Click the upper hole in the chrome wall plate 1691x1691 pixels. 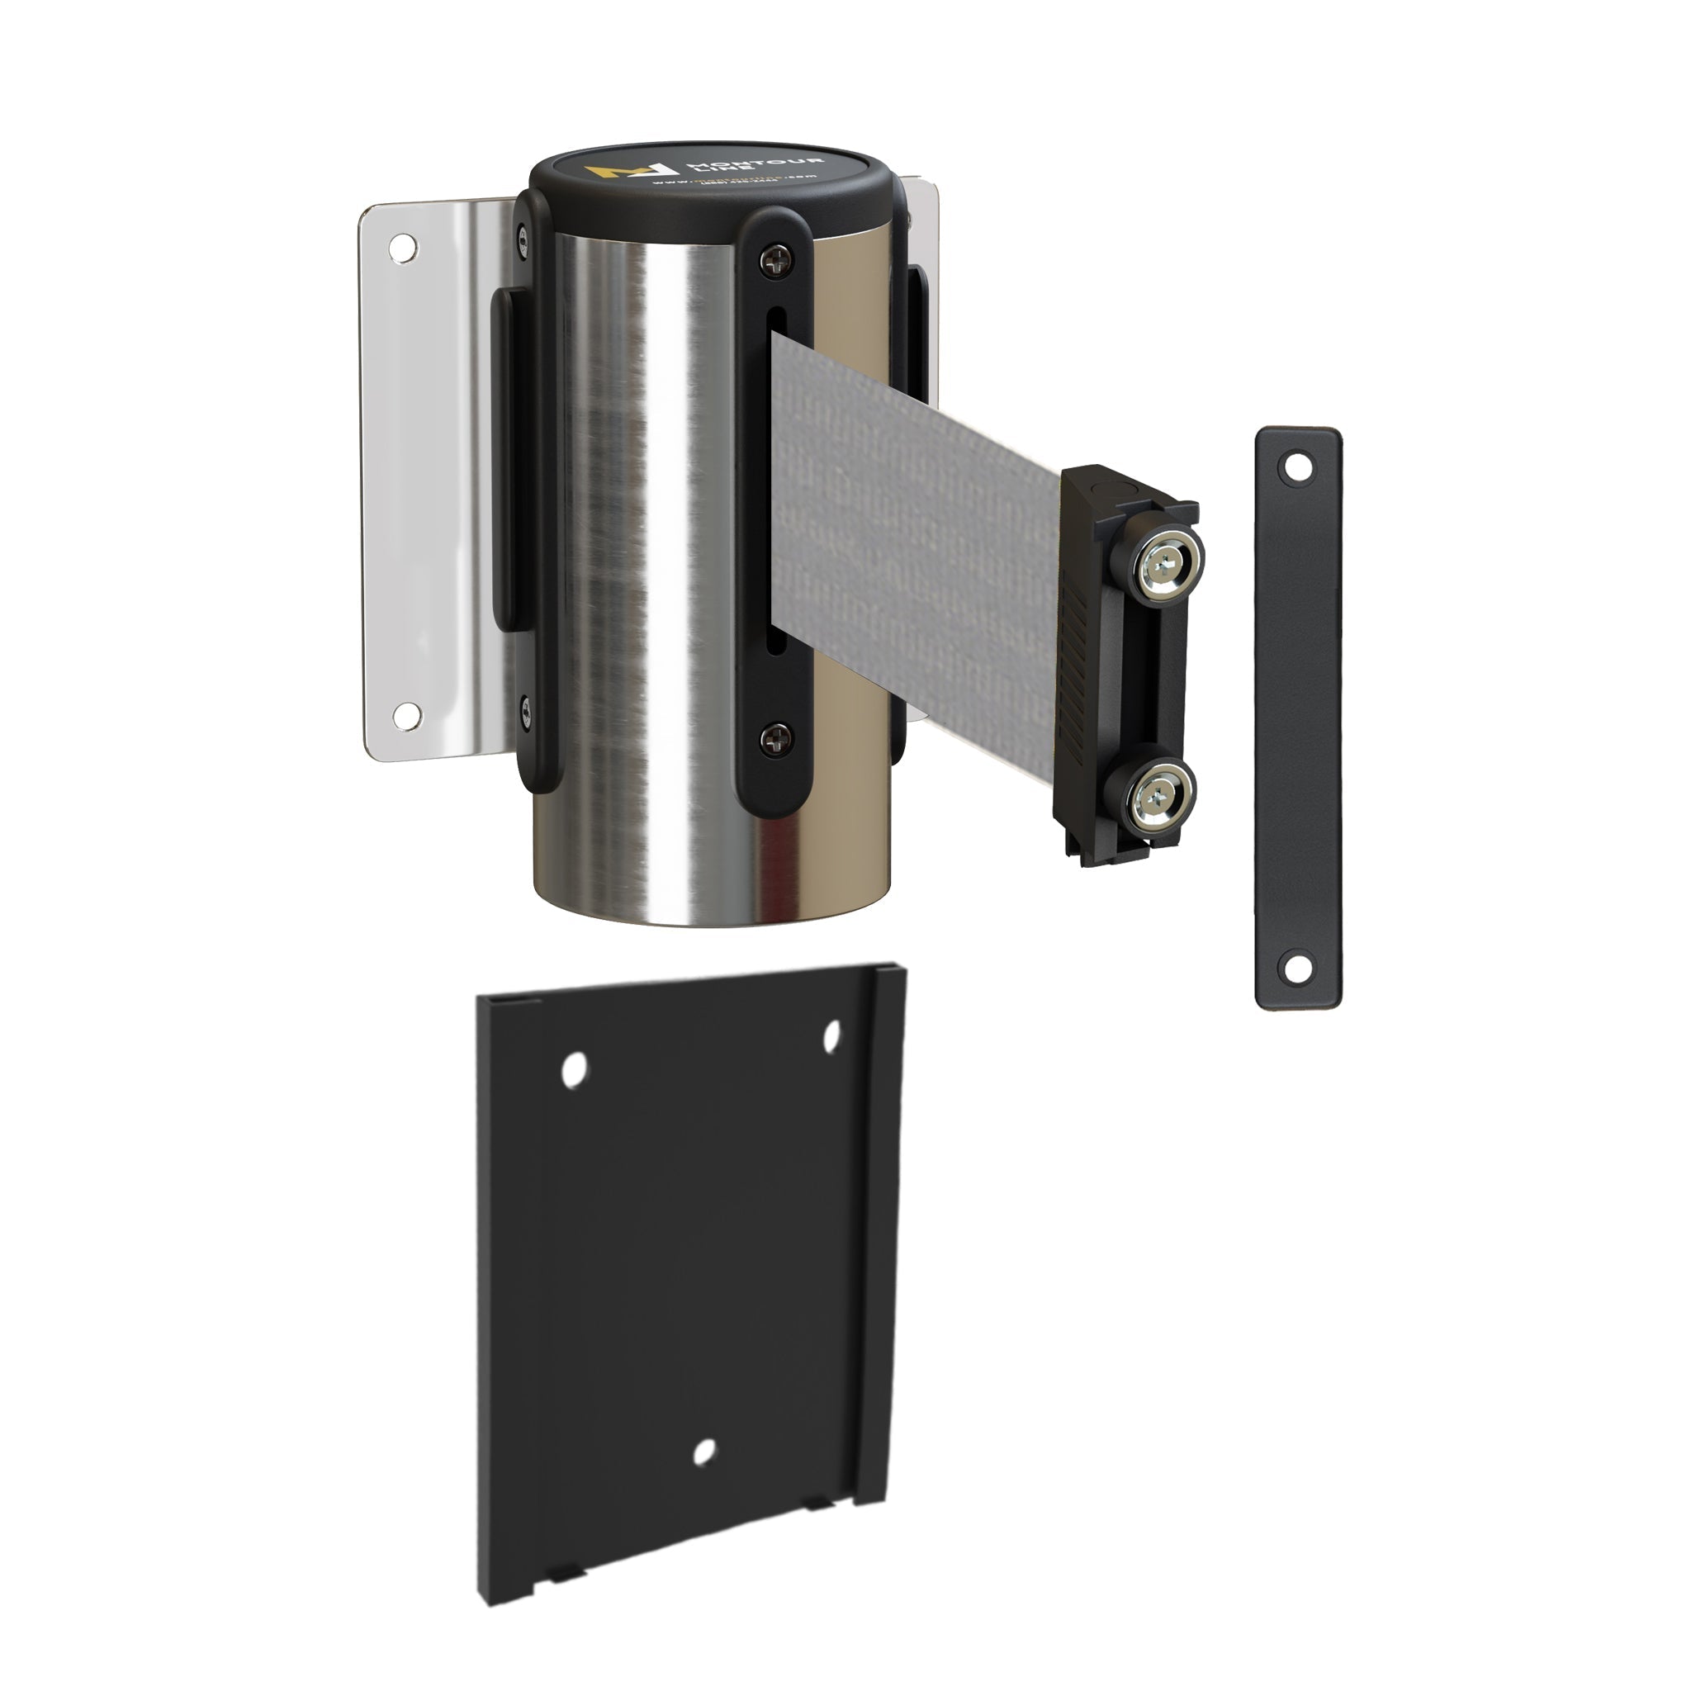point(403,248)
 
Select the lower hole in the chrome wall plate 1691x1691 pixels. point(405,716)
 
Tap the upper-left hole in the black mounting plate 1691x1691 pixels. point(573,1070)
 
